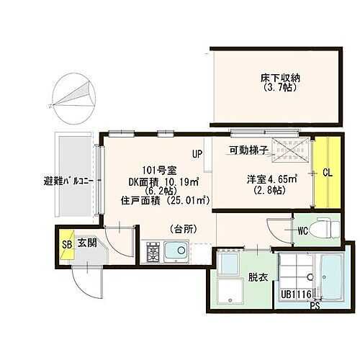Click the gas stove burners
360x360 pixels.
coord(153,252)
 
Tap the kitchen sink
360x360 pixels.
coord(175,253)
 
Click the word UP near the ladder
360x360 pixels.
coord(197,153)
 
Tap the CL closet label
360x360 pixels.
coord(328,173)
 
